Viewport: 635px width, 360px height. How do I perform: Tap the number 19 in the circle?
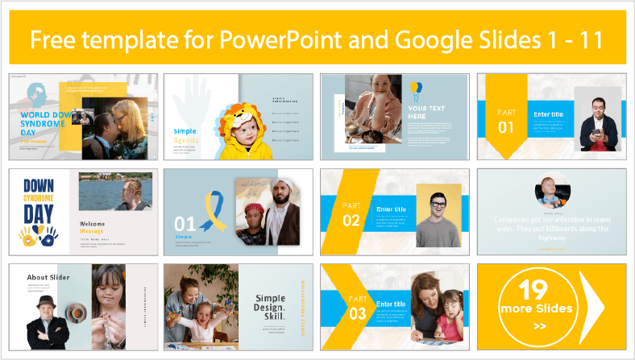(x=533, y=289)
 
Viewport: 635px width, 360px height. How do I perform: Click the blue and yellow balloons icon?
(x=416, y=88)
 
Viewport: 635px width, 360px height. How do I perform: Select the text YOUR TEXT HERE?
(x=427, y=112)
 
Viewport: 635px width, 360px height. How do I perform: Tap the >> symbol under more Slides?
(x=539, y=326)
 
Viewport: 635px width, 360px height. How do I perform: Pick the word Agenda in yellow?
(x=187, y=139)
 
